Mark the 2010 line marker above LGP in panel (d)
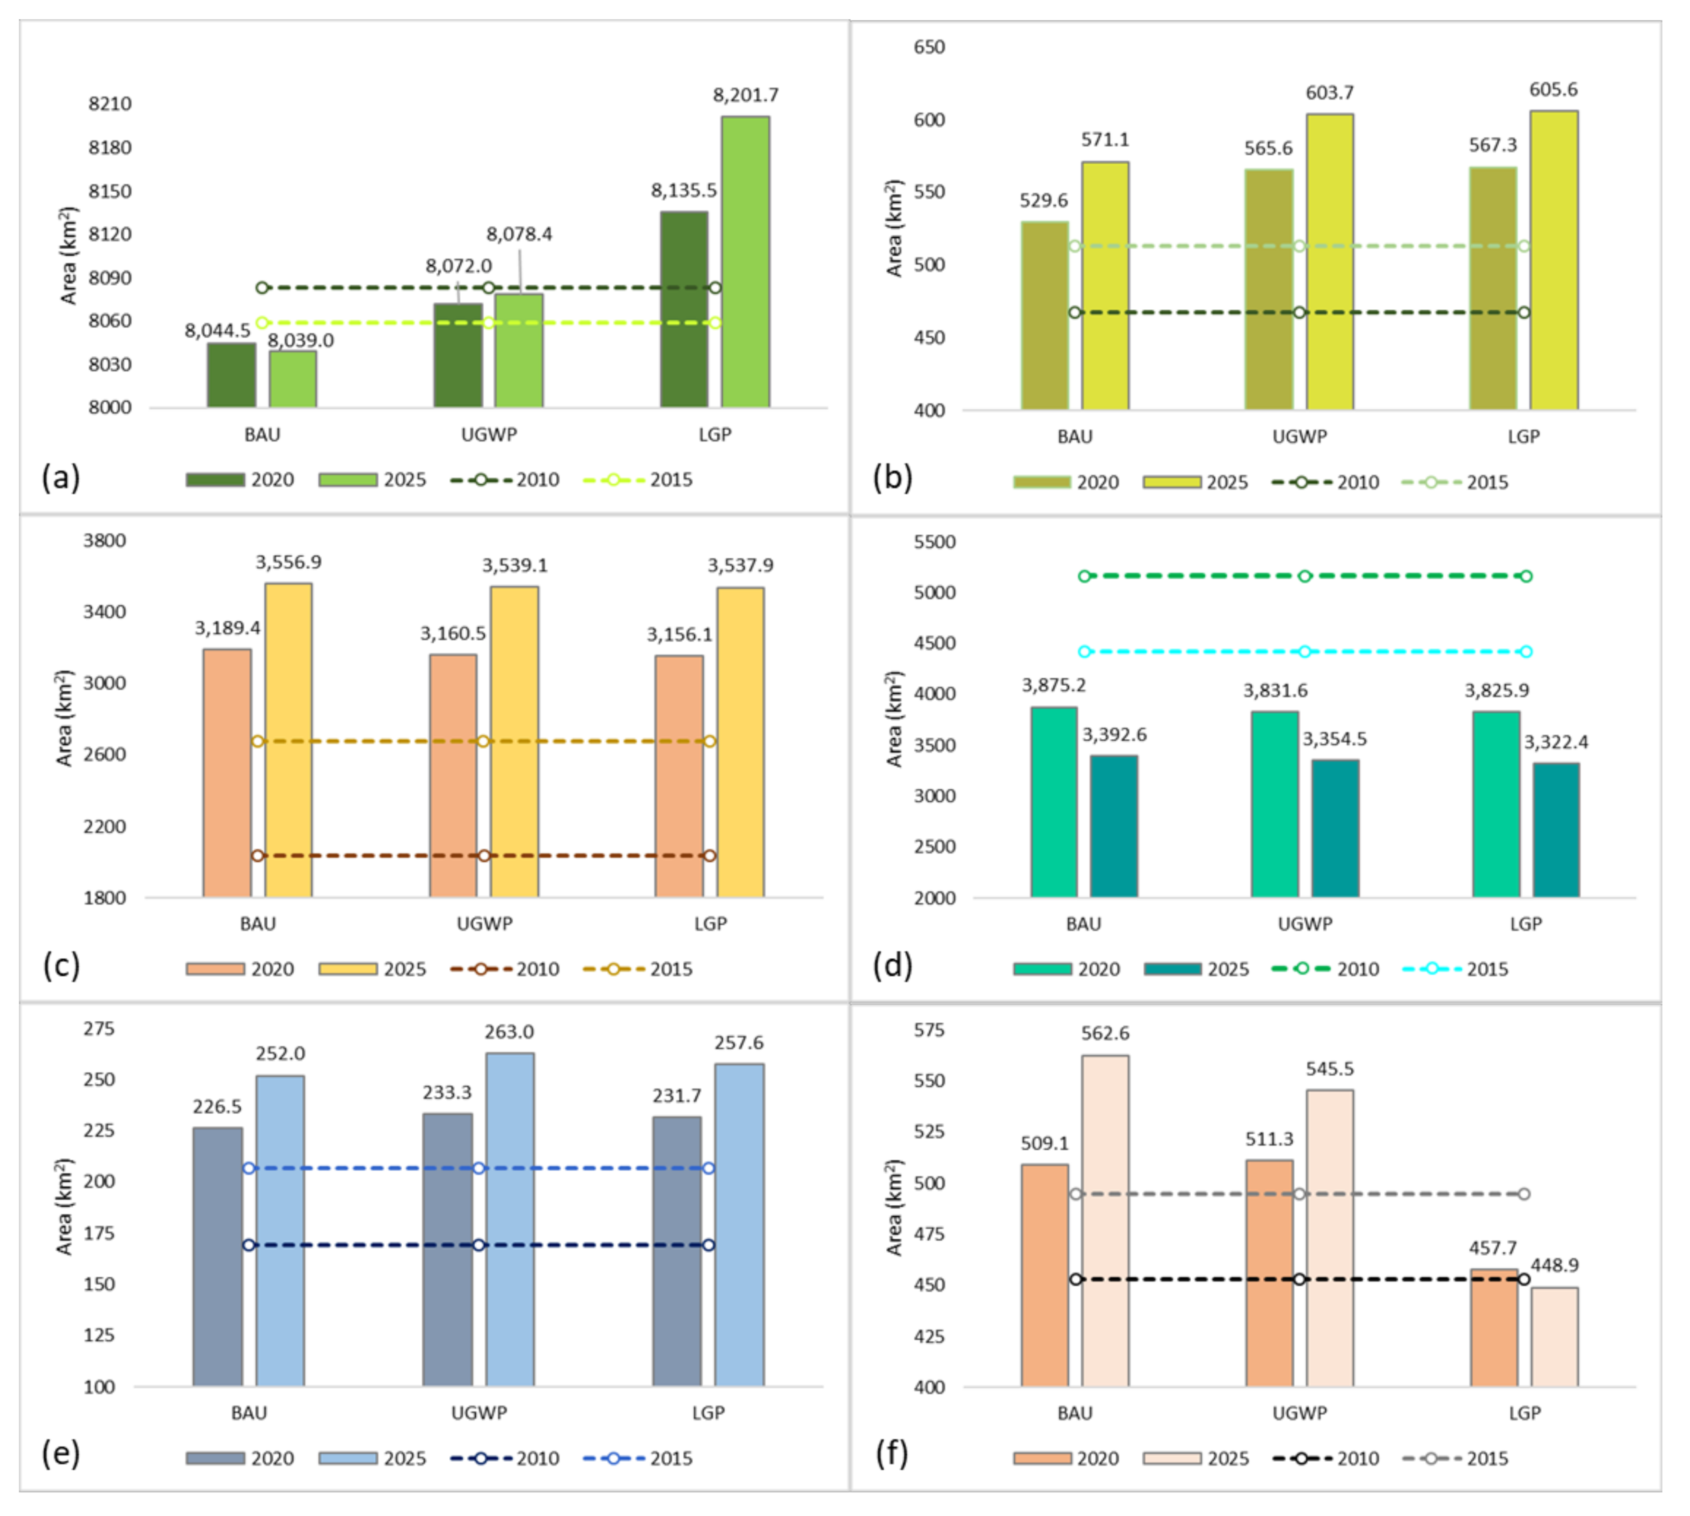(x=1526, y=576)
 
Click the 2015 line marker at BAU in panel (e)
(x=249, y=1169)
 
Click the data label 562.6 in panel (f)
(x=1105, y=1034)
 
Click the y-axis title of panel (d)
(x=894, y=718)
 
